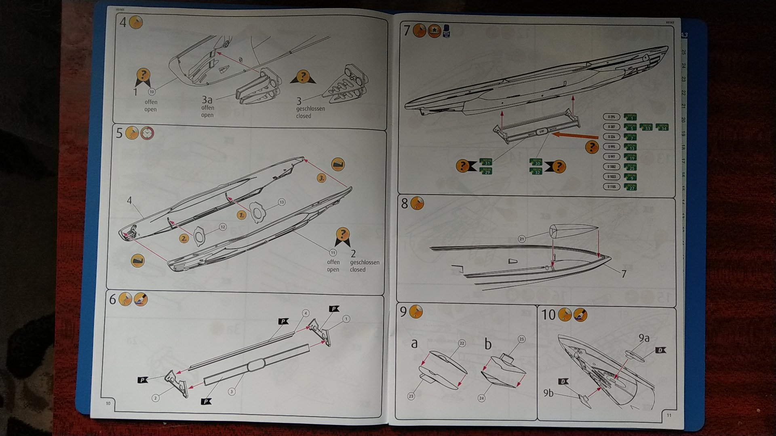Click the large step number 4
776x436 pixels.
(x=123, y=22)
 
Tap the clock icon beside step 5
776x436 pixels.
(x=147, y=133)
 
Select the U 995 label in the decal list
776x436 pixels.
(x=611, y=147)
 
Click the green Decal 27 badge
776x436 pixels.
(x=630, y=187)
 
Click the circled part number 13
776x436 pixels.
(x=281, y=202)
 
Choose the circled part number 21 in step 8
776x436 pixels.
(x=522, y=239)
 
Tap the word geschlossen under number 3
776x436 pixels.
(x=310, y=109)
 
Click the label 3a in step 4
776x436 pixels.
(x=207, y=99)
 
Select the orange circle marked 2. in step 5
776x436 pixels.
(x=184, y=238)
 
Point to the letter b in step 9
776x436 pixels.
(x=488, y=344)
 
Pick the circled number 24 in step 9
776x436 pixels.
(x=481, y=398)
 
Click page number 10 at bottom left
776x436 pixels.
(x=108, y=403)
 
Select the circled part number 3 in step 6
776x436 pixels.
(x=232, y=392)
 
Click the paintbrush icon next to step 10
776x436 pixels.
(x=580, y=315)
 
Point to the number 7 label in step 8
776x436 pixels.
(x=624, y=274)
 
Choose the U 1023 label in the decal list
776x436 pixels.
(x=611, y=177)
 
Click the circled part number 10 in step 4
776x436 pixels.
(x=152, y=92)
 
